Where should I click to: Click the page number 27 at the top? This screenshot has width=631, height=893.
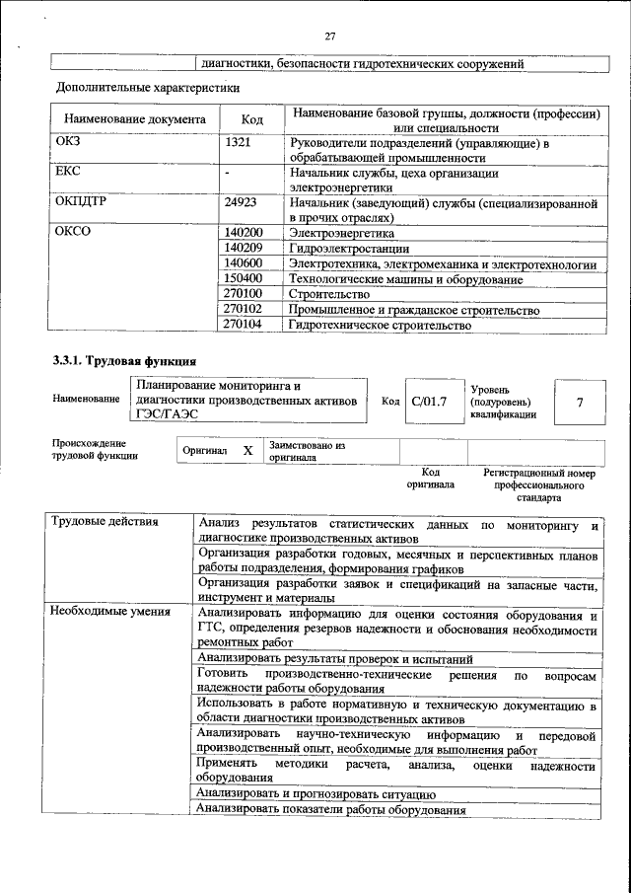tap(330, 37)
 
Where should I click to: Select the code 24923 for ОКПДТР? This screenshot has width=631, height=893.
tap(242, 202)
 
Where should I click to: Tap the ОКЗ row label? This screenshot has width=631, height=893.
tap(67, 143)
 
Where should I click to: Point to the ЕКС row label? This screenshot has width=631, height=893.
tap(67, 172)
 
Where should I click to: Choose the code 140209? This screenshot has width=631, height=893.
tap(245, 248)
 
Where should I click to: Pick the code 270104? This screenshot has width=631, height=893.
tap(245, 323)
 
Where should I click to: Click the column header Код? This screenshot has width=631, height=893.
tap(251, 119)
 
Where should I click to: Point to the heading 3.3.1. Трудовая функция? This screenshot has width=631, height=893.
tap(124, 361)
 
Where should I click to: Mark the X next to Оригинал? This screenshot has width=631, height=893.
tap(247, 451)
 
